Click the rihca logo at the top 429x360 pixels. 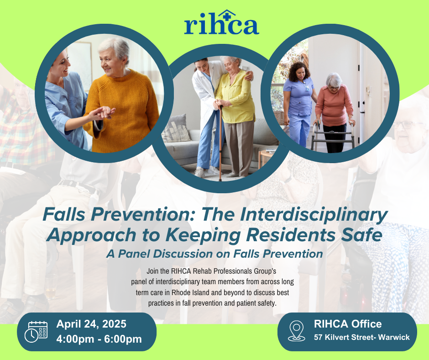click(x=222, y=22)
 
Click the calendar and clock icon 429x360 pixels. click(x=36, y=332)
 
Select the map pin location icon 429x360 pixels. click(x=296, y=331)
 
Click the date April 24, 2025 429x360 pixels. click(x=91, y=324)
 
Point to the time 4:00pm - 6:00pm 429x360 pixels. click(x=99, y=339)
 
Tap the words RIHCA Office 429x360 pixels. click(x=348, y=324)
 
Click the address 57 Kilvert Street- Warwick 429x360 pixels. click(x=362, y=337)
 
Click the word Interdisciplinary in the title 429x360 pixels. click(x=314, y=215)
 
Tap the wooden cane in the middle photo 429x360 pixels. click(x=220, y=142)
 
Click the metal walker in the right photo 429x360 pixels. click(x=333, y=136)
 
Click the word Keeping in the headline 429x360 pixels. click(x=203, y=235)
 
